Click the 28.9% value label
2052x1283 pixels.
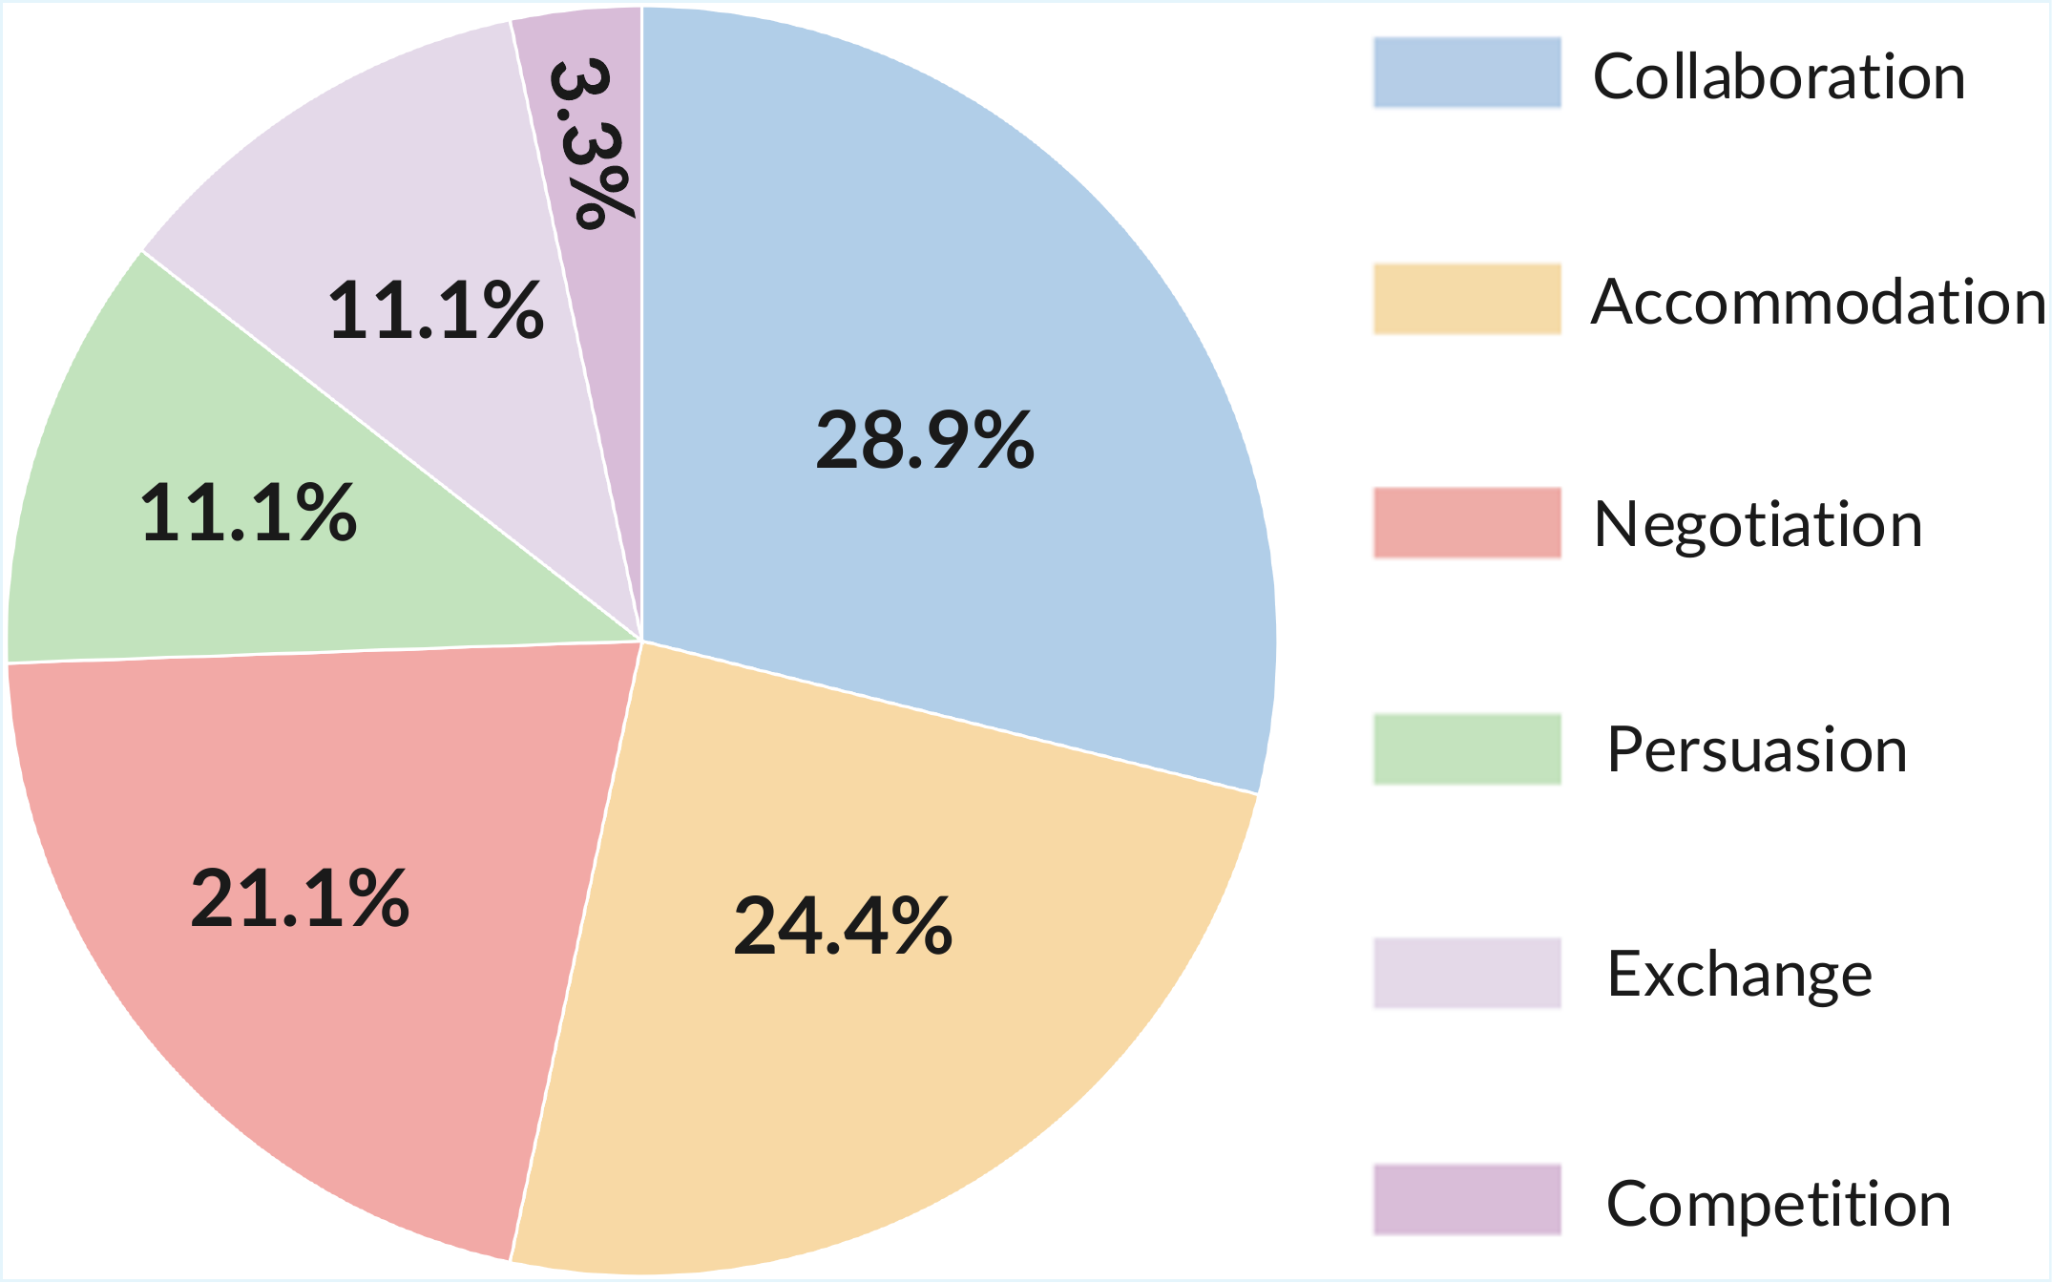pyautogui.click(x=925, y=440)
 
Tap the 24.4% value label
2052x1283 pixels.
pyautogui.click(x=843, y=925)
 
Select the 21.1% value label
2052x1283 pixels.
pyautogui.click(x=300, y=898)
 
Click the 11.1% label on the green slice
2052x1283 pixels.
pyautogui.click(x=248, y=513)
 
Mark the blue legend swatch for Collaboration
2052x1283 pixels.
pyautogui.click(x=1468, y=73)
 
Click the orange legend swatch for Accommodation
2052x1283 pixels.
pyautogui.click(x=1468, y=299)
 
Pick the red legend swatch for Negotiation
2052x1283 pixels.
pyautogui.click(x=1468, y=522)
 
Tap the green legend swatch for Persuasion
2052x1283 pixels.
pyautogui.click(x=1468, y=748)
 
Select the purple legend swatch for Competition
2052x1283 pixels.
pyautogui.click(x=1468, y=1199)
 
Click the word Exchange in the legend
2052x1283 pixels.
pyautogui.click(x=1740, y=976)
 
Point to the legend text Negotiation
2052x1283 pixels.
pyautogui.click(x=1758, y=526)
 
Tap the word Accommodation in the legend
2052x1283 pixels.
pyautogui.click(x=1818, y=302)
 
